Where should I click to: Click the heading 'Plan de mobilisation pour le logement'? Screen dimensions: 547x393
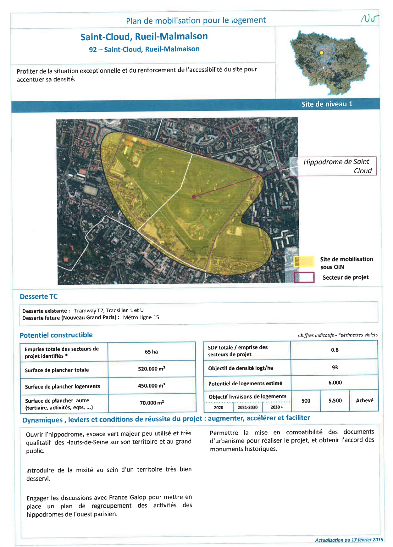196,20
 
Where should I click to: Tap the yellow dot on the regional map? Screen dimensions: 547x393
321,53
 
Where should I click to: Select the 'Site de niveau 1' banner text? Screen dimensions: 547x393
327,104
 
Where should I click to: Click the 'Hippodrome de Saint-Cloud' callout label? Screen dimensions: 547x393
337,166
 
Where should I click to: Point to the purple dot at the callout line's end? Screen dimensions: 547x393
194,197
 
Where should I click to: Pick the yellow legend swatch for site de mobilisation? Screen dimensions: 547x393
304,261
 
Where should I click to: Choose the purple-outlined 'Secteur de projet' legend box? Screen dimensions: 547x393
304,277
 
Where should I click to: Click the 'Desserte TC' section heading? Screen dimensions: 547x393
39,297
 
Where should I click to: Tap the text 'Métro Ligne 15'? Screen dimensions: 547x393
141,317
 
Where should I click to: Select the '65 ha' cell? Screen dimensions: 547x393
151,352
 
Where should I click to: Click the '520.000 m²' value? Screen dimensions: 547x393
152,369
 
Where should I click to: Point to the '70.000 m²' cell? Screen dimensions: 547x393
152,403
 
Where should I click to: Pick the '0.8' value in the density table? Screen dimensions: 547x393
335,350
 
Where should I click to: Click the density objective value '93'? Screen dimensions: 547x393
335,367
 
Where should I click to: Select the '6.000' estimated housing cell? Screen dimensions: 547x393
335,382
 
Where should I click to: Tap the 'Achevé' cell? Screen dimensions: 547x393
364,400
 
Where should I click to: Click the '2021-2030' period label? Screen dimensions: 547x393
247,407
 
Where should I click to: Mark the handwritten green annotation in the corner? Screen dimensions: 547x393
369,19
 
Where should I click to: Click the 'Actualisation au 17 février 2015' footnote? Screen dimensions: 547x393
349,540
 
